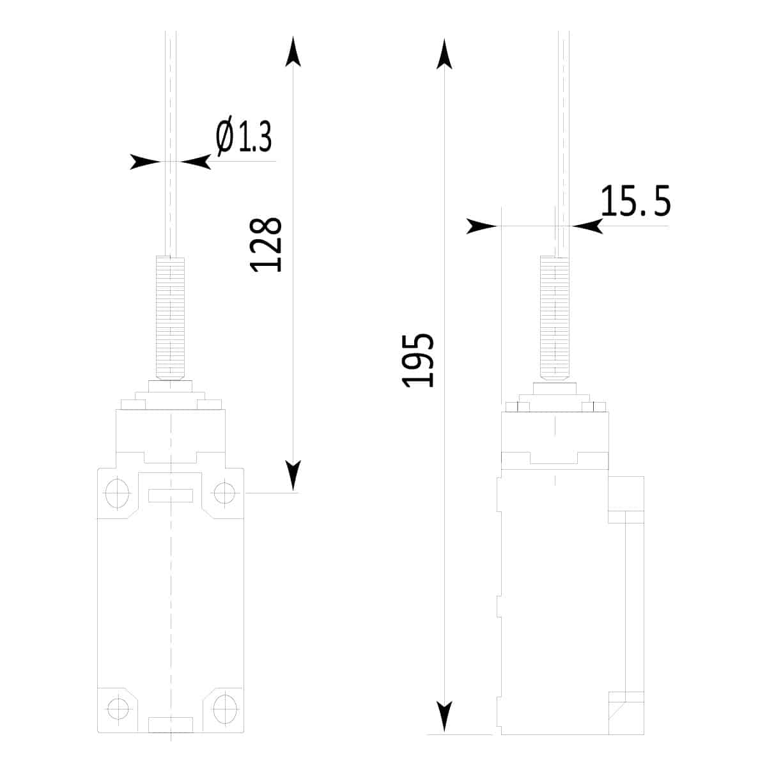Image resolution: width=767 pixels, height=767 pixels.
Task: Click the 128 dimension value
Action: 265,245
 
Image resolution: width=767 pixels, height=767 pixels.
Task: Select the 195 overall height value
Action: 417,360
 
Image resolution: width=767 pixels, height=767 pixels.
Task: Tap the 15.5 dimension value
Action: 635,201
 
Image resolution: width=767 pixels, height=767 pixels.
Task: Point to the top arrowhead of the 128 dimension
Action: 293,51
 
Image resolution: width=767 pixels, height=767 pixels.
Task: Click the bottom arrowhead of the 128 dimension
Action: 293,476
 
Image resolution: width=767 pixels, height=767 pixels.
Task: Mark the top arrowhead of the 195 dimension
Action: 444,54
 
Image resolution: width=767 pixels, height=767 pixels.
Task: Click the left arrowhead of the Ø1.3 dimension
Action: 145,162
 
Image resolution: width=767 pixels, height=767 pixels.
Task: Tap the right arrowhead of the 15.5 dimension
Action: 587,226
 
